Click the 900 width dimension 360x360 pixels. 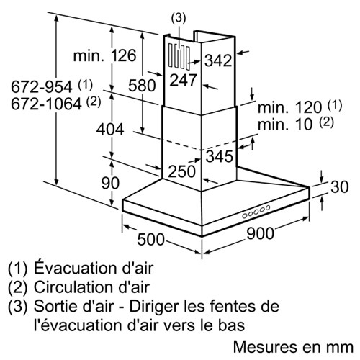click(260, 233)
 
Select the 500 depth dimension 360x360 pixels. click(150, 239)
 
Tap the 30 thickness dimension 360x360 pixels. click(340, 186)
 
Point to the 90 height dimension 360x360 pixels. click(110, 183)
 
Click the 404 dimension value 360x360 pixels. click(110, 130)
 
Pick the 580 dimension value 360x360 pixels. click(142, 86)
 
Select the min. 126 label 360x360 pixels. click(104, 55)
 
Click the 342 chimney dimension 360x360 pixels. click(218, 60)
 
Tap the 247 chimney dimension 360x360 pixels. click(184, 80)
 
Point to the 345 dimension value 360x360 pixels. click(220, 156)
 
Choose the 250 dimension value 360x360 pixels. click(182, 171)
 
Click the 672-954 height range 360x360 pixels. click(42, 86)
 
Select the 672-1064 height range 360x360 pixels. click(46, 104)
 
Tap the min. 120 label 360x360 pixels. click(289, 107)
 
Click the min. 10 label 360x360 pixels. click(285, 125)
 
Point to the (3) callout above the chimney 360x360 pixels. click(179, 18)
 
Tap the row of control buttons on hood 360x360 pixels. click(256, 212)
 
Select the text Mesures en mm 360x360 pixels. click(293, 347)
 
